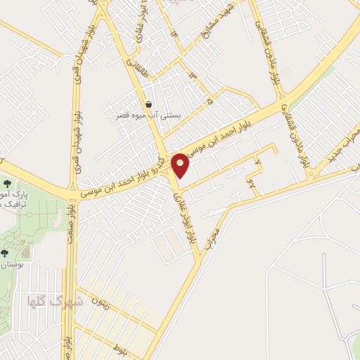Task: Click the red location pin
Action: coord(181,165)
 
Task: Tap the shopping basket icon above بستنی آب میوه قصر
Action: coord(148,105)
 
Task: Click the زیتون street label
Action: coord(98,302)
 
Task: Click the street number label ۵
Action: coord(210,102)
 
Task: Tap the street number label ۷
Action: coord(257,163)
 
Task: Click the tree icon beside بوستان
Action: coord(5,252)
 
